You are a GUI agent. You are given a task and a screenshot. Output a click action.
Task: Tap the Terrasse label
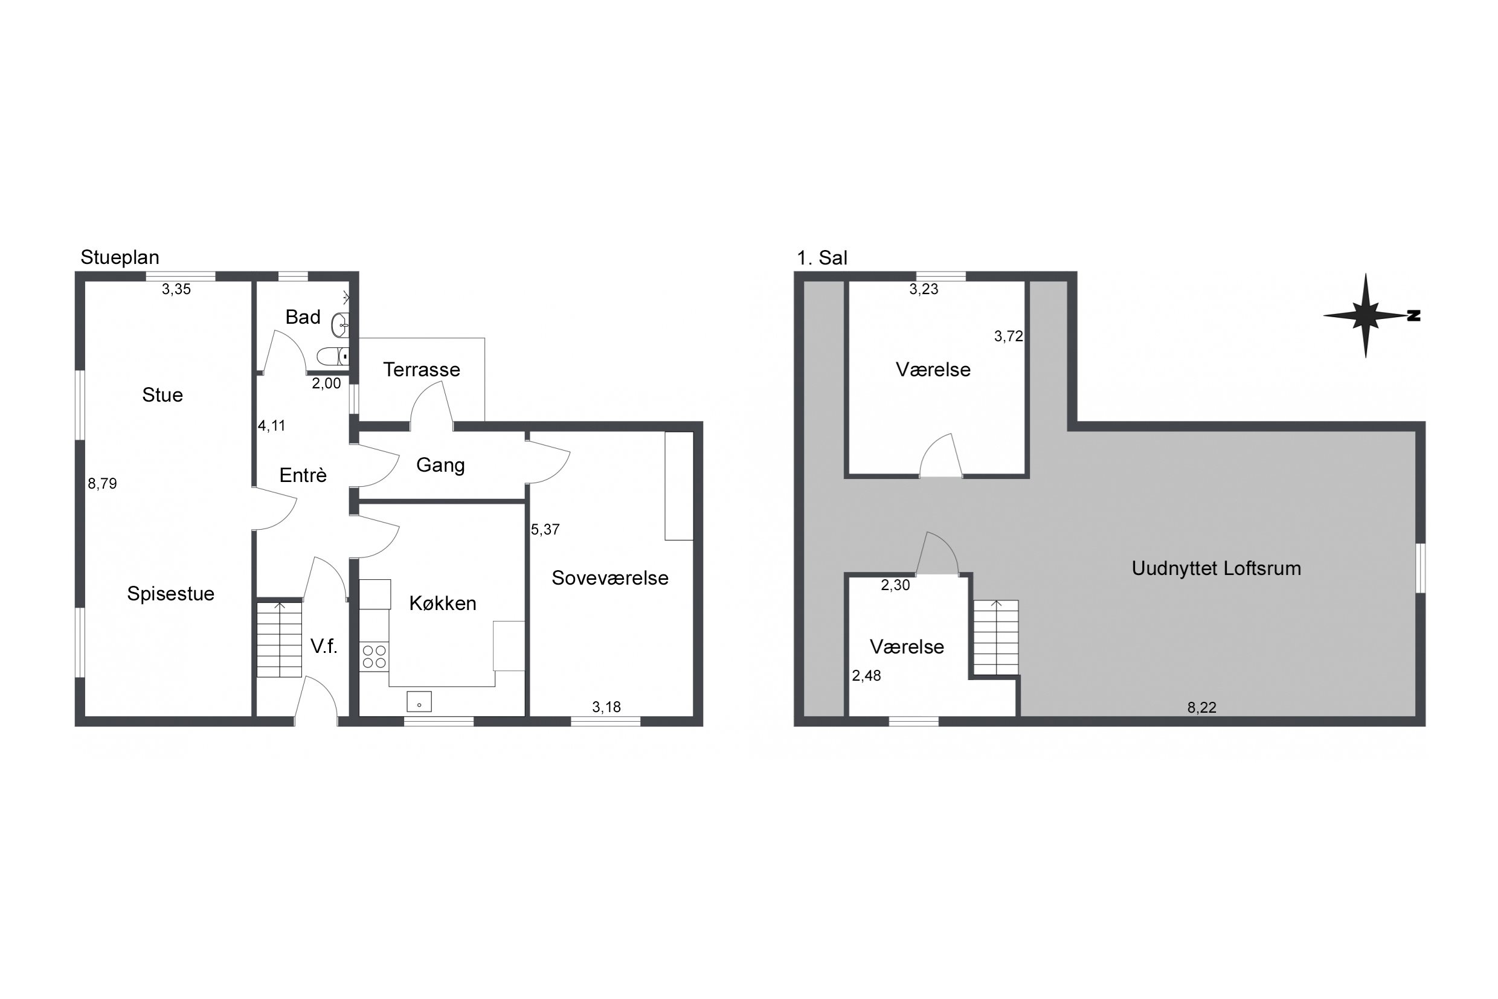click(421, 370)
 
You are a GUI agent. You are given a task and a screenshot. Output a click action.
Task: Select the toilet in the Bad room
click(333, 356)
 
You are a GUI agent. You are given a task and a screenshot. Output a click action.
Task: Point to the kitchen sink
click(419, 701)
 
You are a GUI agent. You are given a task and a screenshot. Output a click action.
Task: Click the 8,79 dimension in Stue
click(103, 484)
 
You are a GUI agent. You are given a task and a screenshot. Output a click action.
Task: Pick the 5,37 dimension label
click(545, 530)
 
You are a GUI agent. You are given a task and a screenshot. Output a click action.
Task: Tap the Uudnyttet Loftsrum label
click(1216, 568)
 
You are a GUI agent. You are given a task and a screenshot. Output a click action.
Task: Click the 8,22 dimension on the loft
click(1201, 707)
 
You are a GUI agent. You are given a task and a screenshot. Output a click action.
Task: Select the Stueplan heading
click(120, 257)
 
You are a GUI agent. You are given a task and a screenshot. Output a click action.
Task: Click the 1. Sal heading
click(822, 258)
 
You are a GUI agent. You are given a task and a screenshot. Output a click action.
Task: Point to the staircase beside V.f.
click(279, 639)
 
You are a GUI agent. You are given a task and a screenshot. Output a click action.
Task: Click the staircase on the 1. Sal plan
click(996, 637)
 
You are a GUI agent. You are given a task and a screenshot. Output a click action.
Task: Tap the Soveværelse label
click(610, 578)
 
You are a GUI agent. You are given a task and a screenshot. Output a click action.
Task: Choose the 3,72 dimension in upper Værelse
click(1009, 336)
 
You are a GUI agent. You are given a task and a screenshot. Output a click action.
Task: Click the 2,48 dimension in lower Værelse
click(867, 675)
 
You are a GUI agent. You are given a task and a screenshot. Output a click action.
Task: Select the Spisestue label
click(171, 594)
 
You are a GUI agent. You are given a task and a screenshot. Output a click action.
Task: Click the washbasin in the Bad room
click(339, 325)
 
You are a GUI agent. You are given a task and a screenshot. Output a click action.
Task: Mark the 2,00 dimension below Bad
click(326, 384)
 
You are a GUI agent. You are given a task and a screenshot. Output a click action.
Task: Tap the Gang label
click(440, 465)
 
